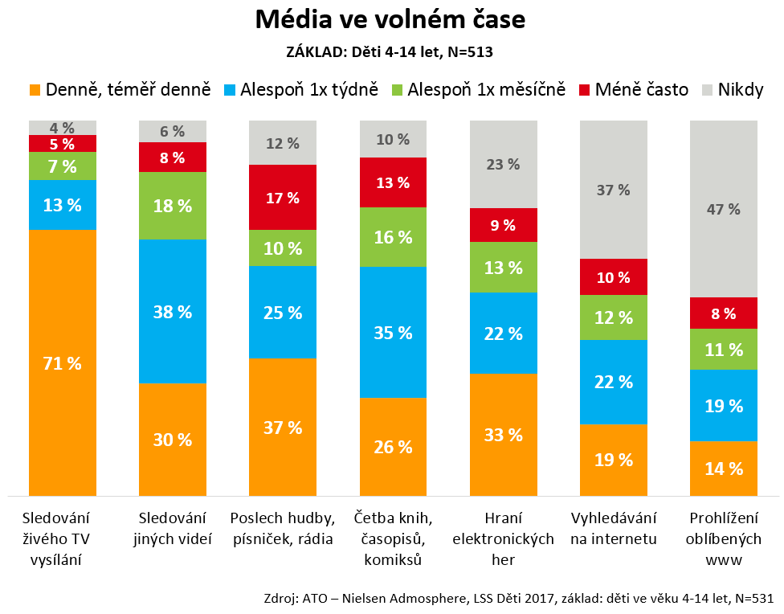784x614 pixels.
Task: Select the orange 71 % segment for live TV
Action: point(63,362)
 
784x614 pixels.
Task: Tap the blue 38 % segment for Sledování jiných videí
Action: point(173,312)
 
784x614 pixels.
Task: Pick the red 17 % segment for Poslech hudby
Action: point(283,197)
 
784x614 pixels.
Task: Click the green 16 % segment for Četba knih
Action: point(393,237)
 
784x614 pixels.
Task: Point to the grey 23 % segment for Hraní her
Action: point(503,164)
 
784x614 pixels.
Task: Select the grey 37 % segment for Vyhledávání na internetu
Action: point(614,190)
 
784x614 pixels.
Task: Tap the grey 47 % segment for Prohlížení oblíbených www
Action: point(724,209)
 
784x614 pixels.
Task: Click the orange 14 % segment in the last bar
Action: point(724,469)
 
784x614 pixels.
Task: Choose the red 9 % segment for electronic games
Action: point(503,225)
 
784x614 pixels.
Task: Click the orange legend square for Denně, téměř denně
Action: point(34,89)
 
